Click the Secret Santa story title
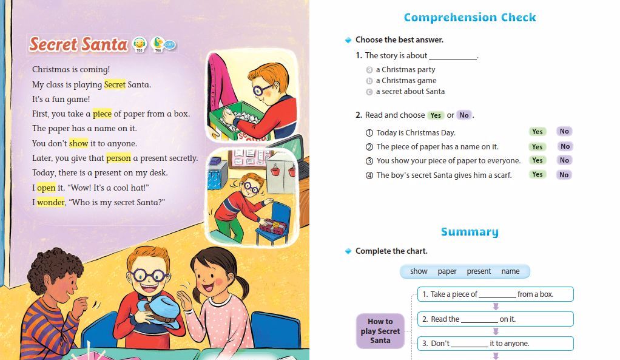pyautogui.click(x=79, y=44)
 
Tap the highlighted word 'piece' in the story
pyautogui.click(x=102, y=114)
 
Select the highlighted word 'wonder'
pyautogui.click(x=51, y=202)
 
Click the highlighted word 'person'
pyautogui.click(x=118, y=158)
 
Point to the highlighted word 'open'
pyautogui.click(x=46, y=188)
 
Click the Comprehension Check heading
pyautogui.click(x=470, y=18)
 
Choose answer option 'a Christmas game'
pyautogui.click(x=406, y=81)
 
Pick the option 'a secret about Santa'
pyautogui.click(x=410, y=92)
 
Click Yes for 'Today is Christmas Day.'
pyautogui.click(x=537, y=132)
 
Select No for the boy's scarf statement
pyautogui.click(x=564, y=175)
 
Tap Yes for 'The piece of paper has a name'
pyautogui.click(x=537, y=146)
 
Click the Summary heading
pyautogui.click(x=470, y=231)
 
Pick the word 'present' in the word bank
pyautogui.click(x=479, y=271)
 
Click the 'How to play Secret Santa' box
pyautogui.click(x=380, y=331)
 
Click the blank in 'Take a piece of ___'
pyautogui.click(x=497, y=295)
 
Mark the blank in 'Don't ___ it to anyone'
pyautogui.click(x=470, y=344)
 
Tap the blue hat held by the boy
pyautogui.click(x=159, y=311)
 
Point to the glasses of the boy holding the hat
pyautogui.click(x=148, y=277)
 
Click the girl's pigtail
pyautogui.click(x=243, y=285)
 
